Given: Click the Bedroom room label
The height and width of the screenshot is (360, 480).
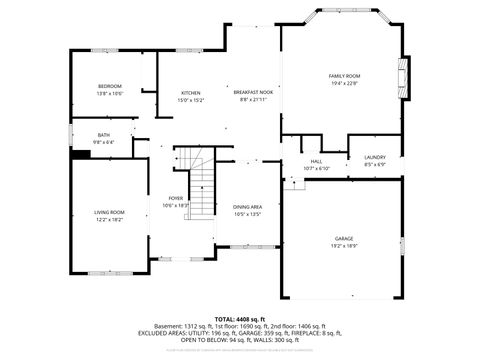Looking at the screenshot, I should [110, 86].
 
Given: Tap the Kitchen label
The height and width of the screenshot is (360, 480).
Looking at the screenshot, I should [190, 93].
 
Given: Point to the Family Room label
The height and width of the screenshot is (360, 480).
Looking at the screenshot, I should [344, 76].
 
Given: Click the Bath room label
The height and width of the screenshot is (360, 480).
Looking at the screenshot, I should [104, 135].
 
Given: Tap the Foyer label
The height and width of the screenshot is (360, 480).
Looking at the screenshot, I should [176, 198].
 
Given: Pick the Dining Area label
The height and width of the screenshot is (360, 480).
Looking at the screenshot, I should [247, 206].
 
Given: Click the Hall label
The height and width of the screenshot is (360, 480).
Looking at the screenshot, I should [316, 161].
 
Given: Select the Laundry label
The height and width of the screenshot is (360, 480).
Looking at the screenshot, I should [375, 157].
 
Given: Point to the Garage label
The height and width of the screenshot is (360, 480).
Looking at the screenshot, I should [344, 238].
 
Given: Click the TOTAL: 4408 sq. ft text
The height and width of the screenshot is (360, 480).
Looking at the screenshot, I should [240, 318].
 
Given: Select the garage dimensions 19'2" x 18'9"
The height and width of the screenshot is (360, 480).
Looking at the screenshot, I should [344, 245].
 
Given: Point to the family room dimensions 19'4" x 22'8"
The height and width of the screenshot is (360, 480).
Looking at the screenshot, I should [344, 84].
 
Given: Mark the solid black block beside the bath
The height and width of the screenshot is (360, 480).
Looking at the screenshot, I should [80, 154].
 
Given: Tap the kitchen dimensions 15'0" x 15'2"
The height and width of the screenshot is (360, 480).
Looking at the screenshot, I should [190, 100].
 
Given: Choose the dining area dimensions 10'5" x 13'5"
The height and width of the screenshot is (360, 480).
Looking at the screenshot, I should [247, 213].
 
